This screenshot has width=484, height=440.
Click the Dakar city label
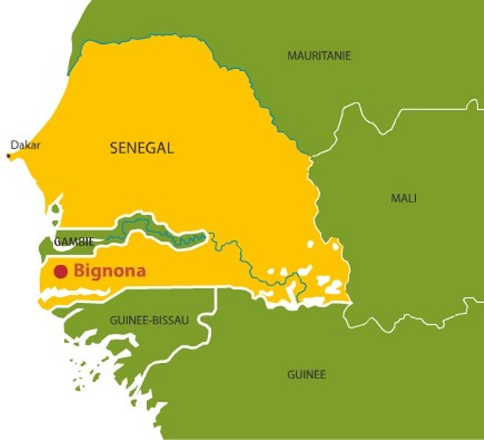tap(26, 145)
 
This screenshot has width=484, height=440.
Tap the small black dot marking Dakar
tap(8, 155)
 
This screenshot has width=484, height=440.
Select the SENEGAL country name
tap(142, 148)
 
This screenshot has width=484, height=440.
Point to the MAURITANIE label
tap(319, 56)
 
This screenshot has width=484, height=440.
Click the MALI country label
tap(403, 198)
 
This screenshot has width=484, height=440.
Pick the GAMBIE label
tap(73, 241)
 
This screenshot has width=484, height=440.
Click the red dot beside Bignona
tap(61, 271)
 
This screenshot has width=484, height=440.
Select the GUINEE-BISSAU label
tap(149, 320)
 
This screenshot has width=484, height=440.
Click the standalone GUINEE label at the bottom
tap(306, 374)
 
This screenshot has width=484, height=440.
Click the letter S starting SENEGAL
tap(114, 148)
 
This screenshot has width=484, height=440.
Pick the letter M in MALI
tap(394, 198)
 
